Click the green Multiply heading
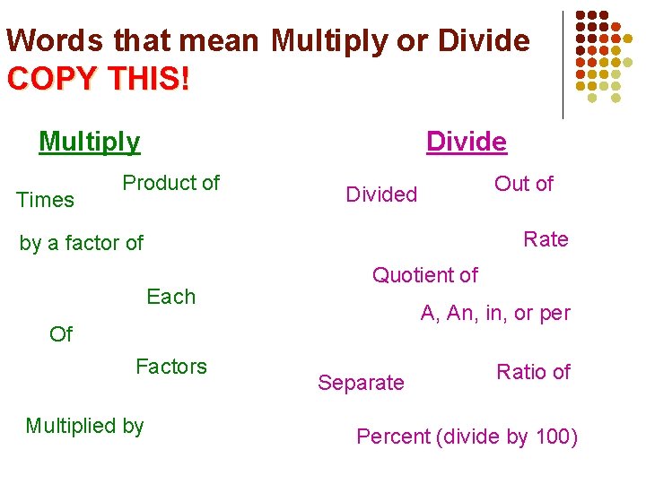[90, 142]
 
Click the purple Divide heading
[467, 142]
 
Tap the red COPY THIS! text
[99, 79]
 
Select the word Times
[45, 200]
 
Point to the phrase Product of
[170, 183]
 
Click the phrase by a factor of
[82, 243]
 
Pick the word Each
[170, 297]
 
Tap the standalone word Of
[61, 334]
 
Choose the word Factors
[170, 367]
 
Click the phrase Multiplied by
[84, 427]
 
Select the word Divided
[381, 194]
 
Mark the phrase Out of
[524, 184]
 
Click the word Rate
[546, 239]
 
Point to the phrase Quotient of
[425, 275]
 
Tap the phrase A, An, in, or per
[495, 314]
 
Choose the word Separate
[361, 384]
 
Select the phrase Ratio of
[533, 372]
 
